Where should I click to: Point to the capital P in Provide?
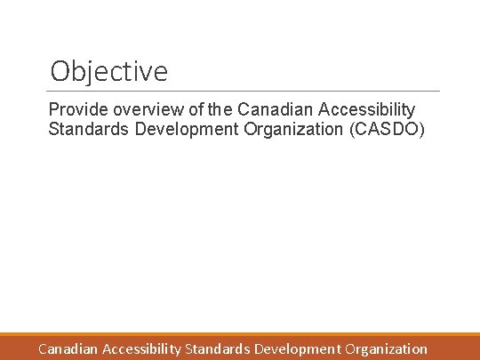54,109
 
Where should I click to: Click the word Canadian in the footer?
68,349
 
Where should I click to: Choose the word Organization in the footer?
387,349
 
